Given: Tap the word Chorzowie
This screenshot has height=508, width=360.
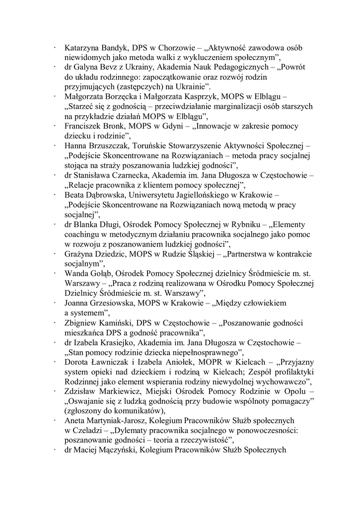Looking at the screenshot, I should click(x=172, y=48).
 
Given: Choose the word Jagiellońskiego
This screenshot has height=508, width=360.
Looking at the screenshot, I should click(x=202, y=194).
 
